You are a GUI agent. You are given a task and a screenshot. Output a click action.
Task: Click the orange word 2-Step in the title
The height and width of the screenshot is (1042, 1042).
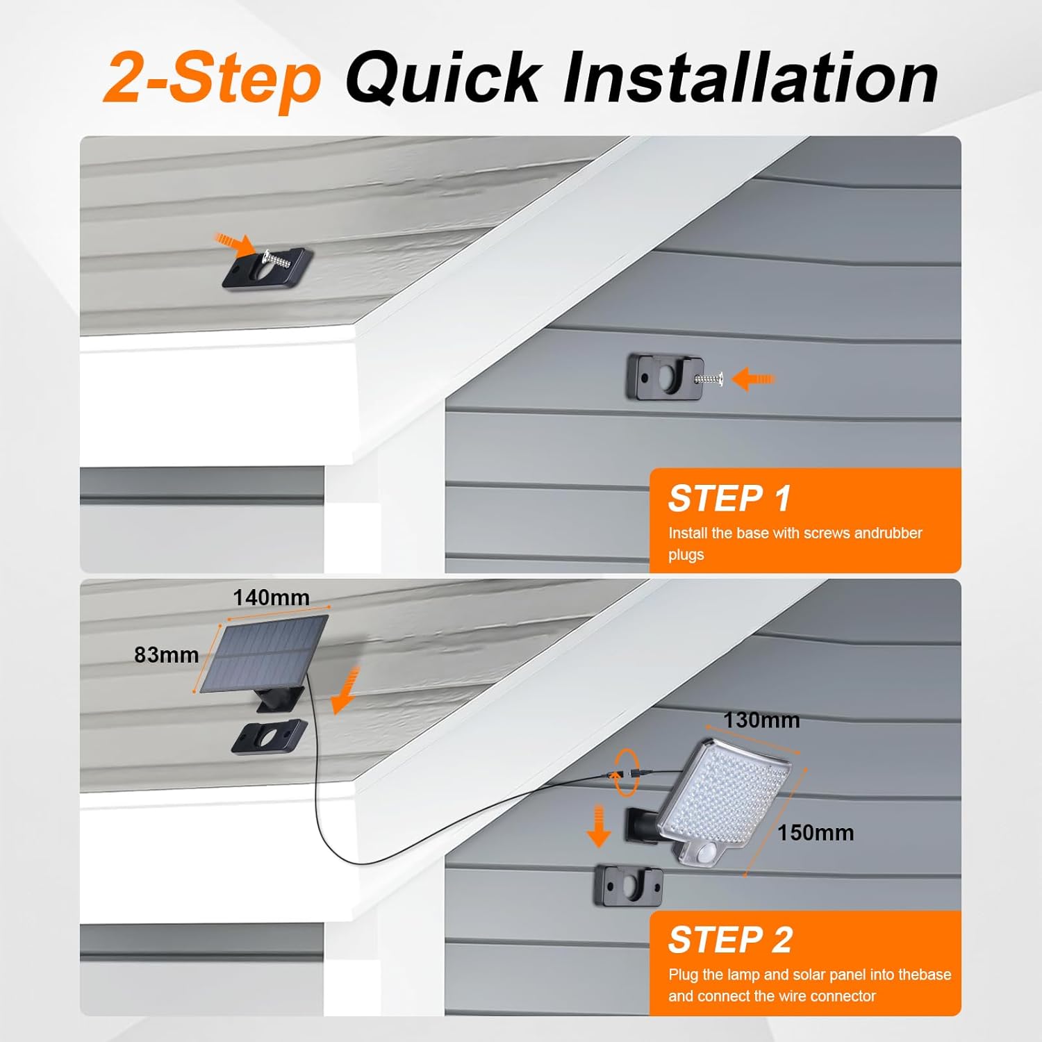point(212,78)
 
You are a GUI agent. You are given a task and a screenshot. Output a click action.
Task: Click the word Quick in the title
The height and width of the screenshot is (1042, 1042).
point(443,78)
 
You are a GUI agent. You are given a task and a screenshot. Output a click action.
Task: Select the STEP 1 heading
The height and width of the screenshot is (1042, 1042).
point(729,498)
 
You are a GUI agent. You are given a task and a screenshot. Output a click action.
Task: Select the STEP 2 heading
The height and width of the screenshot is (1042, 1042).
point(730,940)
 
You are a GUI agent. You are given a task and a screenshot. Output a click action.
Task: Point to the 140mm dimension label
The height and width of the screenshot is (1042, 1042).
point(271,597)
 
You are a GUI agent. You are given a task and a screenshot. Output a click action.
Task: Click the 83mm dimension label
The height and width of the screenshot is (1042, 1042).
point(167,654)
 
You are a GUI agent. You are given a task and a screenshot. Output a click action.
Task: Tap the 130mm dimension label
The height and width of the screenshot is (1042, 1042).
point(761,720)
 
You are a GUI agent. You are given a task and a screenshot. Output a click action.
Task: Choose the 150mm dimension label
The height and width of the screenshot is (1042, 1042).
point(816,832)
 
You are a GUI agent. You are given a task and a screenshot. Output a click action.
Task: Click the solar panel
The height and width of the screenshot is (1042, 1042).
point(265,654)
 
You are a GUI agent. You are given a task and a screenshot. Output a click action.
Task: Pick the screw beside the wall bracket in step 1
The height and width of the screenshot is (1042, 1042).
point(709,379)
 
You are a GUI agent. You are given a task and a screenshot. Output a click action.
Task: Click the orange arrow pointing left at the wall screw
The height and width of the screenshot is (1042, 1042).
point(752,379)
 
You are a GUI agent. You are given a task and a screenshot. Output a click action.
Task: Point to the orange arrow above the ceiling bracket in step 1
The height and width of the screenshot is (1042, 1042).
point(233,243)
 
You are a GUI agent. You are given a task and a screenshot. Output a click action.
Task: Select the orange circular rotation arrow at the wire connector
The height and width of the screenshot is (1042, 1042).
point(625,772)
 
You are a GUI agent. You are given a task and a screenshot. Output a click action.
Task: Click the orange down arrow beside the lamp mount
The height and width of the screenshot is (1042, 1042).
point(598,825)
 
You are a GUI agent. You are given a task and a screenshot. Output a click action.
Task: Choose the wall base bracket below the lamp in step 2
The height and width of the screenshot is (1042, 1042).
point(629,886)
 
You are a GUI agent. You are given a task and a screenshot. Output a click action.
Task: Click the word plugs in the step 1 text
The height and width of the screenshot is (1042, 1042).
point(686,555)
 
